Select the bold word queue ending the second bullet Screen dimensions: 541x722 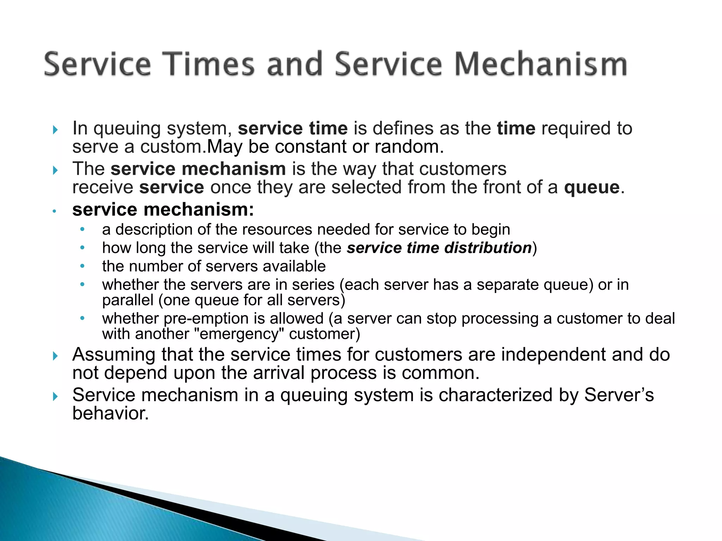pyautogui.click(x=592, y=187)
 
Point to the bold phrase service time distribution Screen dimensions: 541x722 pyautogui.click(x=439, y=248)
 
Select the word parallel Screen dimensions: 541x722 pyautogui.click(x=128, y=300)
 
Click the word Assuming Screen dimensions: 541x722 pyautogui.click(x=114, y=355)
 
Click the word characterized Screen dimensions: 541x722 pyautogui.click(x=495, y=395)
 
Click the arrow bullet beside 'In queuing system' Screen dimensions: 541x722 pyautogui.click(x=55, y=130)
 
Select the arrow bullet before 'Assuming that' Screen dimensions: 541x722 pyautogui.click(x=55, y=356)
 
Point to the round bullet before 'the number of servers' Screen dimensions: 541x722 pyautogui.click(x=82, y=266)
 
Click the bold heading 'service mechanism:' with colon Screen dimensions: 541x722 pyautogui.click(x=163, y=210)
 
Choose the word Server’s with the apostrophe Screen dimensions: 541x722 pyautogui.click(x=619, y=395)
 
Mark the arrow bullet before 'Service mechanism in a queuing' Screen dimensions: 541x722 pyautogui.click(x=55, y=397)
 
